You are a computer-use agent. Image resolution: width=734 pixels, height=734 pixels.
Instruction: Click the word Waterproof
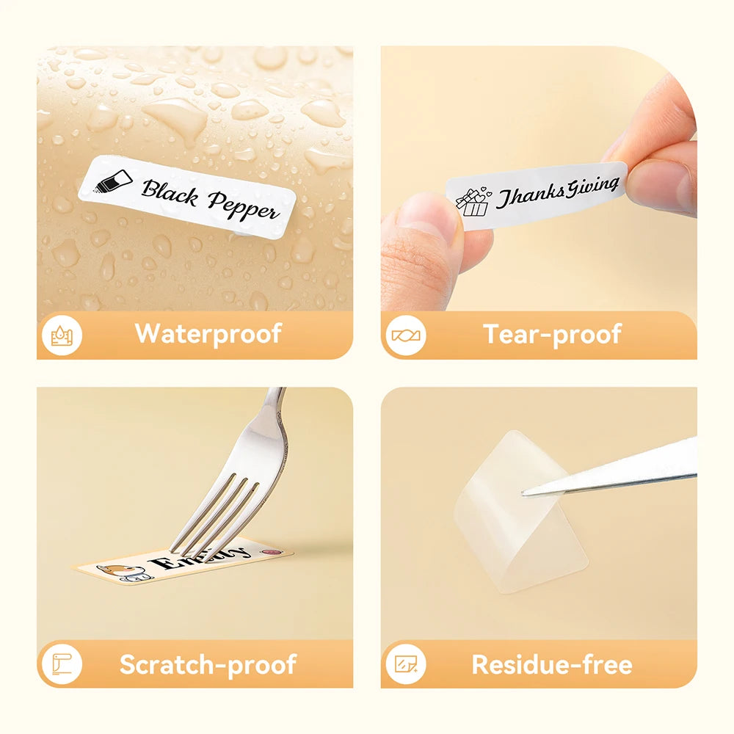tap(208, 334)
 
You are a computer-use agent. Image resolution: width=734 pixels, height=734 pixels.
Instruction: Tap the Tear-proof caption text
tap(552, 334)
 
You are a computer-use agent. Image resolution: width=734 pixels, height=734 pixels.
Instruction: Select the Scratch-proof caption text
tap(208, 664)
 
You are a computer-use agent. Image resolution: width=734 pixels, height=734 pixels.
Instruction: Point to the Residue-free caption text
tap(551, 664)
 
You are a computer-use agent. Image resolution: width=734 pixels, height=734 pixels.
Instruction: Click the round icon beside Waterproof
tap(62, 335)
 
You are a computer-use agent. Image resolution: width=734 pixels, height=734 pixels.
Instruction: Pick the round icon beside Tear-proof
tap(405, 335)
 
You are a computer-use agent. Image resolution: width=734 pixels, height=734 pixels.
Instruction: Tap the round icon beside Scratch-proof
tap(62, 665)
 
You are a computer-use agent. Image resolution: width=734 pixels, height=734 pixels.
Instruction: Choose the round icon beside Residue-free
tap(405, 665)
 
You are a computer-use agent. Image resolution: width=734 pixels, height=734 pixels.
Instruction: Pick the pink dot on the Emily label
tap(277, 549)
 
